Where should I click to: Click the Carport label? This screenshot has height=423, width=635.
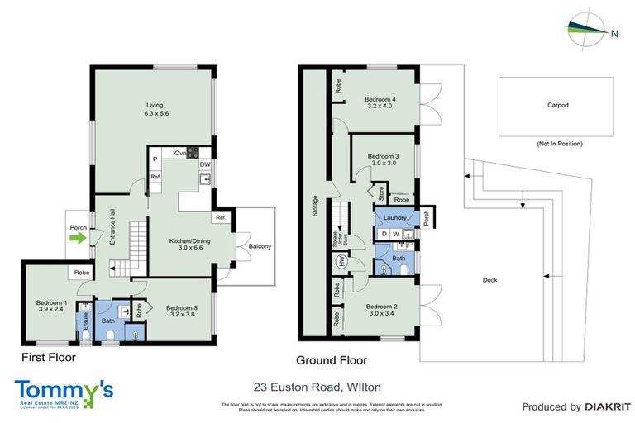558,106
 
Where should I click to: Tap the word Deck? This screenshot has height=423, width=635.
489,280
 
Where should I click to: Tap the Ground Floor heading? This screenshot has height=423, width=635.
332,360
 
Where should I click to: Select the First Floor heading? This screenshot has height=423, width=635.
48,358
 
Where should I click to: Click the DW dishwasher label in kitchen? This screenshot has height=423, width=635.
203,164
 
